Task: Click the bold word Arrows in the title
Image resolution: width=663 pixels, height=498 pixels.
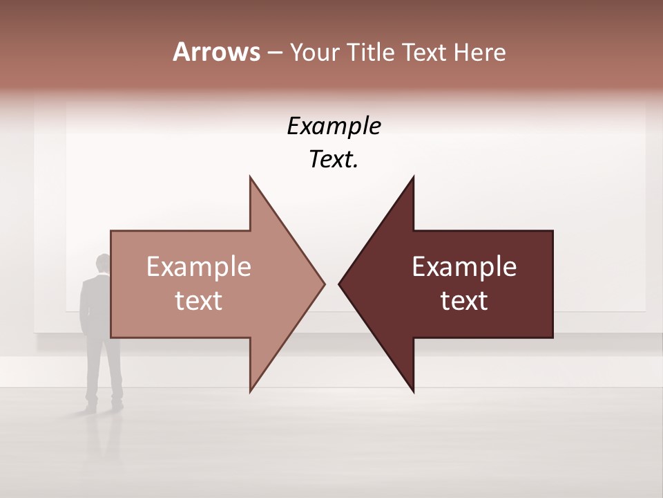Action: click(x=216, y=52)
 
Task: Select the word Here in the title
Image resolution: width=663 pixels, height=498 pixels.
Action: click(x=481, y=52)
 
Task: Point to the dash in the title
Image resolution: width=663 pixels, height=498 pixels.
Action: click(x=274, y=53)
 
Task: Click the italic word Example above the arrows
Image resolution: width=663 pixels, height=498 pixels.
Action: click(x=334, y=126)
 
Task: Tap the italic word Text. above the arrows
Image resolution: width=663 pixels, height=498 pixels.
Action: click(x=334, y=160)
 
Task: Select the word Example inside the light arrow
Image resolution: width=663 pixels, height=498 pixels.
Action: click(x=199, y=266)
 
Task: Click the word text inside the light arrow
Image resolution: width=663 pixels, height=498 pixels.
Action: click(x=199, y=300)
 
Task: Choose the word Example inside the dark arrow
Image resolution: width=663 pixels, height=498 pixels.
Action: click(x=464, y=266)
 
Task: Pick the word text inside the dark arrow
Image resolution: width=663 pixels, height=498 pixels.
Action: click(x=464, y=300)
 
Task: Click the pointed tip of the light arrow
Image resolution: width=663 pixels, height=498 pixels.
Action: click(x=324, y=284)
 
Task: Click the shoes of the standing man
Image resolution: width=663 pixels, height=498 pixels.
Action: click(x=104, y=407)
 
